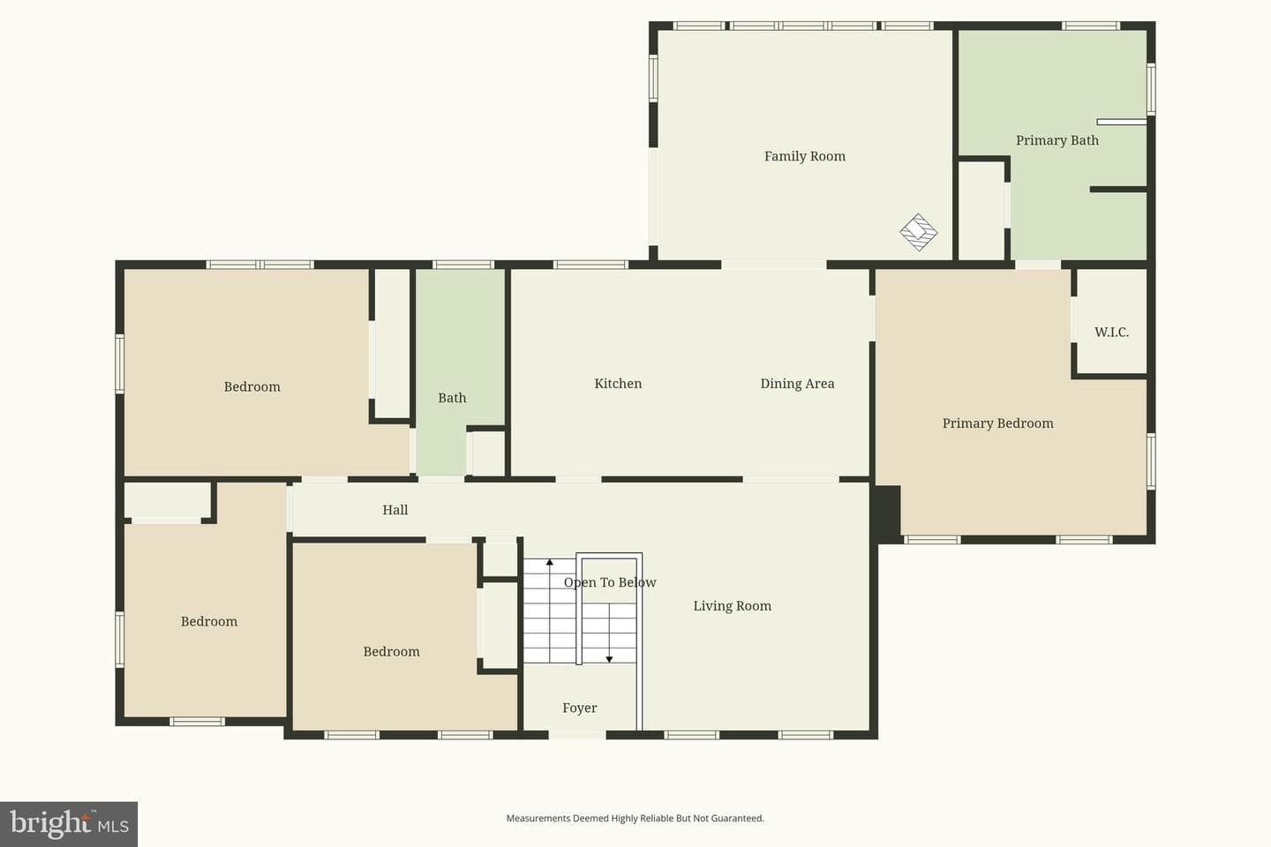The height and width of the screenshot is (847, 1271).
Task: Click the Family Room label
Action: (x=805, y=156)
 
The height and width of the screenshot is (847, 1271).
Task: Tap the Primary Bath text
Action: (x=1057, y=140)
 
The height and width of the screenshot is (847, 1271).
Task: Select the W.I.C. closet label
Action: (x=1111, y=332)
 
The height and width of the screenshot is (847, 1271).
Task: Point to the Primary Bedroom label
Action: (x=998, y=423)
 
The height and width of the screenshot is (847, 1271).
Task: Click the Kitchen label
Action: (x=618, y=384)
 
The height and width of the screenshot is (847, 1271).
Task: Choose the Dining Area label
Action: (x=797, y=384)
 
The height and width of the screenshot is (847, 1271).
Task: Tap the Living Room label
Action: (x=732, y=606)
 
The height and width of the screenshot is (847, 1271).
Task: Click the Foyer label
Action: (x=579, y=708)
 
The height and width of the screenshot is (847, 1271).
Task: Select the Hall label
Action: (x=395, y=510)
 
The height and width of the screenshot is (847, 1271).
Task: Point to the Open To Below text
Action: (x=610, y=582)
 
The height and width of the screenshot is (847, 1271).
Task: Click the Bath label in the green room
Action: (x=452, y=398)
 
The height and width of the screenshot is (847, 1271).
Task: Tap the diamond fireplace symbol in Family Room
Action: (x=919, y=232)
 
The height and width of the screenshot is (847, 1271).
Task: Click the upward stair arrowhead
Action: (x=549, y=562)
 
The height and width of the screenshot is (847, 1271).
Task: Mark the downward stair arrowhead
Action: (x=609, y=659)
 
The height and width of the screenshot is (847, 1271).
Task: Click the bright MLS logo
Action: (x=69, y=824)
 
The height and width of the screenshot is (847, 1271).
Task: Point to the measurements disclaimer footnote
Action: (x=635, y=818)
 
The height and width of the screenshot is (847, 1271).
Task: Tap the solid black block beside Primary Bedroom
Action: (x=887, y=513)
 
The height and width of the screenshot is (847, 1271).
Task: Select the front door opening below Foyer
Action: (x=577, y=735)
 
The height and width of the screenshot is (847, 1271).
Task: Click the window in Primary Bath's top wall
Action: (x=1091, y=26)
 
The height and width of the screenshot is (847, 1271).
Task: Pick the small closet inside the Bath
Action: (x=487, y=453)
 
